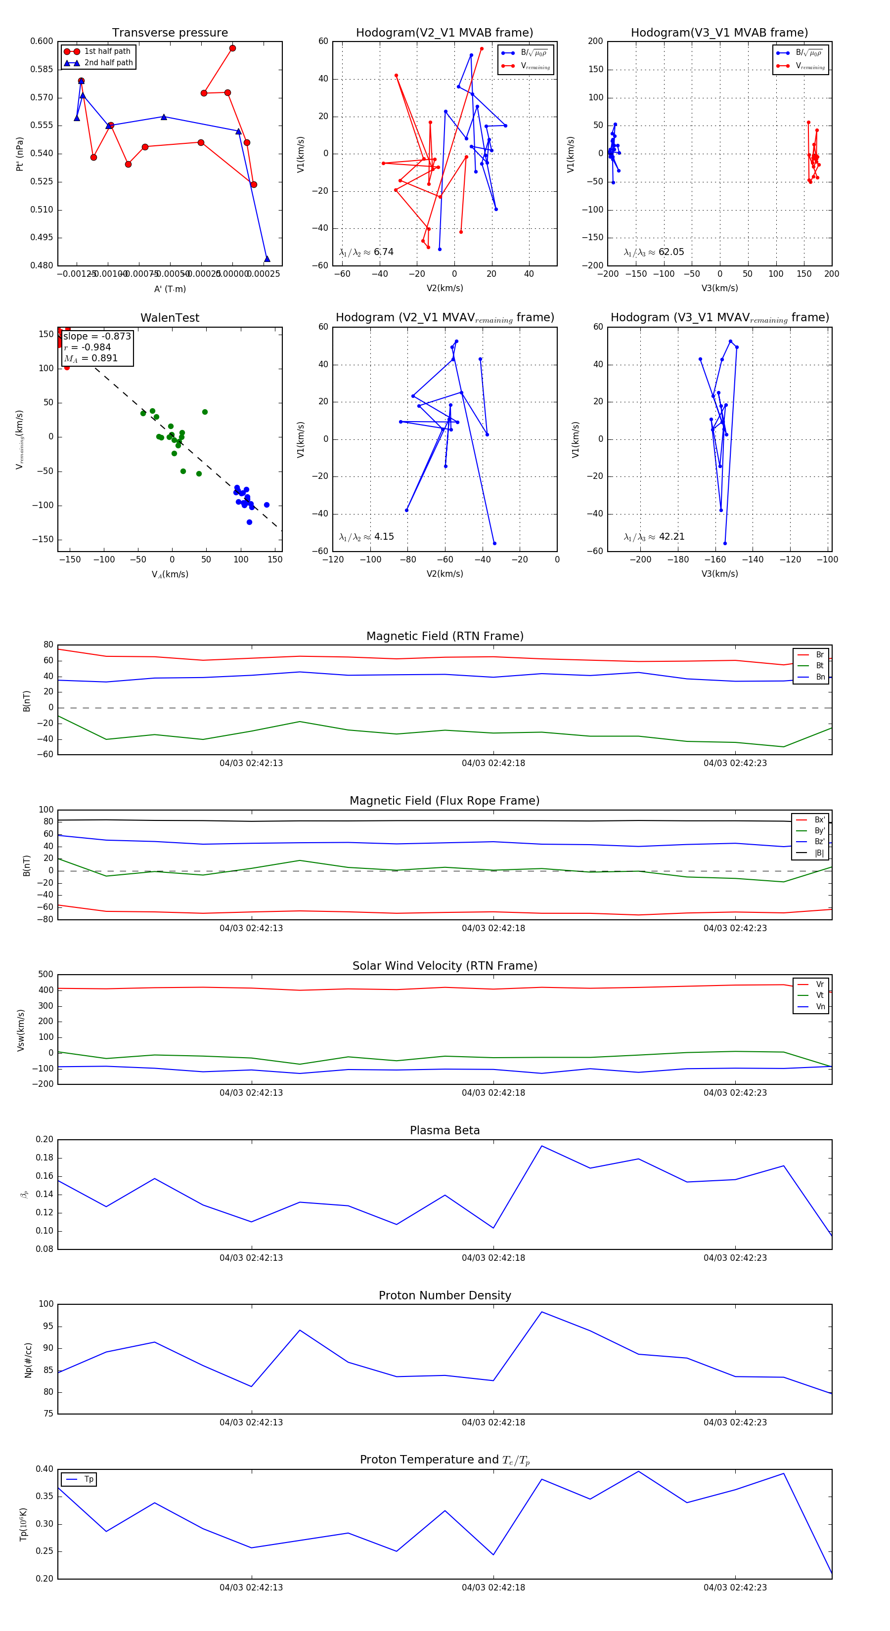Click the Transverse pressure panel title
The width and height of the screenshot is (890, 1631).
pos(170,33)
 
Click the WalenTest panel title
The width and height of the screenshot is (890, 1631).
pos(170,318)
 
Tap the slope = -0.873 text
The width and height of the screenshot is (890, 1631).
pos(97,336)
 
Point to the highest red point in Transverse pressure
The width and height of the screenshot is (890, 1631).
pos(232,48)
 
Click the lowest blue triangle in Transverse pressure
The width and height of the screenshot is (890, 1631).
pos(267,258)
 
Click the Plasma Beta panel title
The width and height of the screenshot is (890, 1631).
pos(445,1131)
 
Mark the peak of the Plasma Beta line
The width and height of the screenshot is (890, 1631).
pos(541,1146)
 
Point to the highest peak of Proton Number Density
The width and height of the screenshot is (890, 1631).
pos(541,1312)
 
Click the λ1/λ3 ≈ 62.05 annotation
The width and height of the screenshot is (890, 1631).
pos(654,252)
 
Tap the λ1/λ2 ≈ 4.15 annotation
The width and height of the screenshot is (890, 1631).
pos(366,537)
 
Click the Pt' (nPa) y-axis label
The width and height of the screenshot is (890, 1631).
pos(20,154)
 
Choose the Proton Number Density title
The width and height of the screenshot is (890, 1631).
pos(445,1295)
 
